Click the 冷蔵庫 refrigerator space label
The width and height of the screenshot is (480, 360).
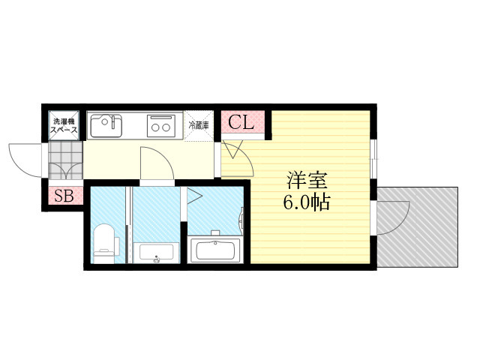(x=199, y=124)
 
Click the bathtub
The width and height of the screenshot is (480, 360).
(x=215, y=249)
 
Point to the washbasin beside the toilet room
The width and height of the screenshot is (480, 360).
(x=156, y=252)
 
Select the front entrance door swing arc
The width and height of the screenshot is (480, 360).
(x=26, y=157)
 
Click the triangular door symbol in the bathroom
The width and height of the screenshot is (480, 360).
(x=193, y=197)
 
